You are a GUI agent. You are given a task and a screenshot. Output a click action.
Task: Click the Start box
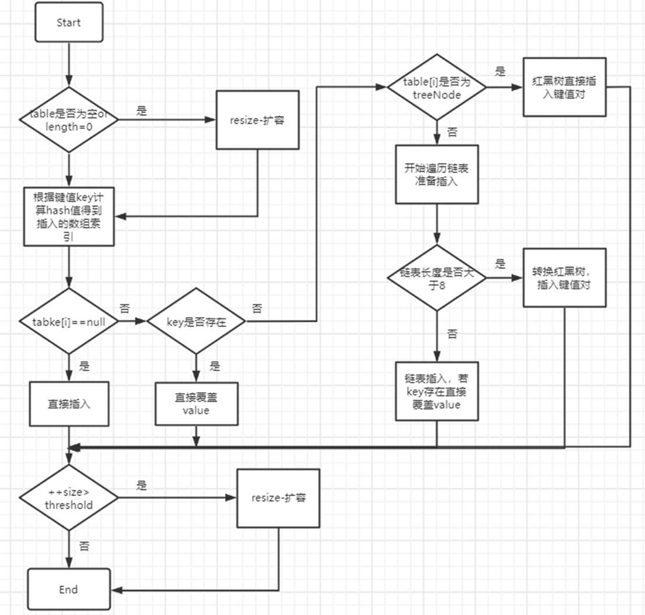click(69, 23)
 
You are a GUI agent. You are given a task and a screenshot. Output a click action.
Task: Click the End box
click(69, 589)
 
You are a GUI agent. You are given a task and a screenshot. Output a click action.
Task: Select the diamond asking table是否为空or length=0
click(69, 120)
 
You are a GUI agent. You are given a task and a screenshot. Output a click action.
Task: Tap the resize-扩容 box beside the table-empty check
click(258, 120)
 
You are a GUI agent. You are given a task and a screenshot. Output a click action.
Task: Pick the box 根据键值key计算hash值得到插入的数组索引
click(69, 216)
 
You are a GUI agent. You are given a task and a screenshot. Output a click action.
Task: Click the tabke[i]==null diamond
click(69, 321)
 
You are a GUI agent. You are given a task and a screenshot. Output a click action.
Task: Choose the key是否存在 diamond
click(195, 321)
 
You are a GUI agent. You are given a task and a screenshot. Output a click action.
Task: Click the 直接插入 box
click(69, 403)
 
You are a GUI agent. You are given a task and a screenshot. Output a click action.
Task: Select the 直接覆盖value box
click(197, 403)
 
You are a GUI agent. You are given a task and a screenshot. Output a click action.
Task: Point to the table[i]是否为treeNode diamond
click(437, 87)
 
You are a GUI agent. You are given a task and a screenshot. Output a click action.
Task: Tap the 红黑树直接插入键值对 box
click(564, 87)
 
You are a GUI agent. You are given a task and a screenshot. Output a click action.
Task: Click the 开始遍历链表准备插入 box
click(437, 174)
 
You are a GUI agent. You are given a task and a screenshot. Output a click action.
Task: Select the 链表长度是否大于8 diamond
click(437, 278)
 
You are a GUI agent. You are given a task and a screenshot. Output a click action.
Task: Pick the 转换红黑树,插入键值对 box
click(564, 277)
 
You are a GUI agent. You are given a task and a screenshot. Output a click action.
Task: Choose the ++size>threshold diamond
click(69, 498)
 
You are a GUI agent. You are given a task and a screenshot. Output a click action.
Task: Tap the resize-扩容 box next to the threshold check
click(279, 498)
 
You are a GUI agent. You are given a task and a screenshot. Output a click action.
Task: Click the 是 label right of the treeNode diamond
click(500, 72)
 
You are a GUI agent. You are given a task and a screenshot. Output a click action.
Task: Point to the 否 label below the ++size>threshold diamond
click(85, 546)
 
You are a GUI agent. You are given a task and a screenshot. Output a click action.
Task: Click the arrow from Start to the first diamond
click(69, 64)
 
